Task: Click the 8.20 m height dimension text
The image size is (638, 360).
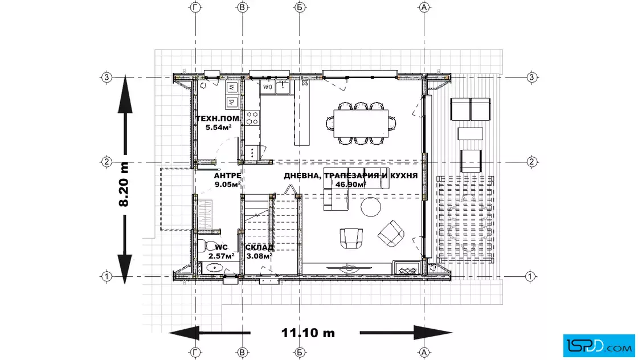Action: click(x=124, y=184)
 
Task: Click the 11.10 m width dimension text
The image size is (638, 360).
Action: click(x=308, y=333)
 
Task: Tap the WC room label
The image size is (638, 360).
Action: click(x=222, y=247)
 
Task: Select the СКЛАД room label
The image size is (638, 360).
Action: click(x=259, y=247)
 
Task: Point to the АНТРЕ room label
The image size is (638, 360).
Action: click(x=227, y=176)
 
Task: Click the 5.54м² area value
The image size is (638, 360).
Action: click(x=219, y=128)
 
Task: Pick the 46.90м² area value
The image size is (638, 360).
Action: click(x=350, y=184)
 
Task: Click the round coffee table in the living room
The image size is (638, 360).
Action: click(x=371, y=207)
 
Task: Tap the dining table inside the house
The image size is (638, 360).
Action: click(x=361, y=123)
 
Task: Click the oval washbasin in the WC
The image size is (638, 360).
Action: click(x=214, y=268)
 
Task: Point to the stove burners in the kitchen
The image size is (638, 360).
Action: click(x=252, y=118)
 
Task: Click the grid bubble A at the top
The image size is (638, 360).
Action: click(x=424, y=7)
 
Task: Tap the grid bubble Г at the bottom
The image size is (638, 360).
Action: click(x=196, y=352)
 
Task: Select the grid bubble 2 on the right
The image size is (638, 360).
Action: click(x=531, y=162)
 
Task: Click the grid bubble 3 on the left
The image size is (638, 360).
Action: click(x=107, y=77)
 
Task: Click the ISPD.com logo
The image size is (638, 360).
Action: click(x=599, y=346)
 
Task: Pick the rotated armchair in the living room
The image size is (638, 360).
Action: click(x=391, y=234)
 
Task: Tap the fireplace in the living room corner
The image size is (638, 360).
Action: click(x=407, y=268)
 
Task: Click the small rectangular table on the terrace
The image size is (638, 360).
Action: click(x=471, y=134)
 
